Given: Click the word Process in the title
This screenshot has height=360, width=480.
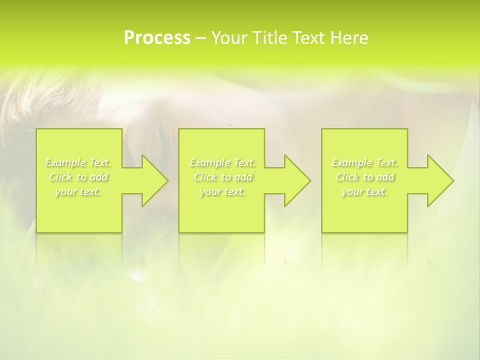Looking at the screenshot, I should pos(157,38).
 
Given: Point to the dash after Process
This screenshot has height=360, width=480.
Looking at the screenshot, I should pos(201,38).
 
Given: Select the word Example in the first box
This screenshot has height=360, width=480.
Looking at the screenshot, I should pos(65,162).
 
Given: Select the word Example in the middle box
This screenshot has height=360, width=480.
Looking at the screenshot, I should pos(209,162).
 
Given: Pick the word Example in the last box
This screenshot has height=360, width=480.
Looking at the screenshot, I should pos(351,162).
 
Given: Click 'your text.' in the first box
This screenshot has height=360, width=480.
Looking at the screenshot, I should pos(78,191).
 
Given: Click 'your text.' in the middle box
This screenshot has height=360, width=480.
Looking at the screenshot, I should pos(222,191).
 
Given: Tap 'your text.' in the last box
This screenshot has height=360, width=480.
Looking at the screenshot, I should pos(364,191).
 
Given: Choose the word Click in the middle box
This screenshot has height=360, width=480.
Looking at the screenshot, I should pos(205,177).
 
